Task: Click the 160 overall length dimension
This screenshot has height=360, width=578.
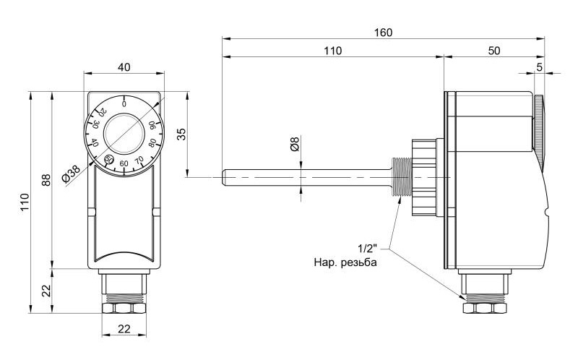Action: pos(384,33)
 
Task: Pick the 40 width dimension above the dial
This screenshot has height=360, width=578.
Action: pos(124,67)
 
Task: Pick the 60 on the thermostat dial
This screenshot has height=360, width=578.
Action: pos(124,163)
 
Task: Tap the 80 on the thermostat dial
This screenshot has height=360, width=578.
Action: pos(150,142)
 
